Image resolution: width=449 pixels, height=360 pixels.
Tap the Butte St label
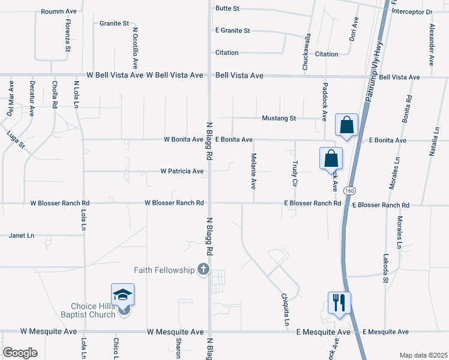(x=228, y=8)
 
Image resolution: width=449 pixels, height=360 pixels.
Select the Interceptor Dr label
(x=412, y=11)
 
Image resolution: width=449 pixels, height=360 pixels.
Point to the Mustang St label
(x=279, y=118)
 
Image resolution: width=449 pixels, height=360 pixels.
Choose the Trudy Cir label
(x=295, y=172)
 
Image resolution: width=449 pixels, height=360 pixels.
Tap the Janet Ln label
(x=21, y=236)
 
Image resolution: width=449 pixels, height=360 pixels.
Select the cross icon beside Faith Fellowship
(x=203, y=270)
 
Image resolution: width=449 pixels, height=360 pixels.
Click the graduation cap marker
(x=122, y=296)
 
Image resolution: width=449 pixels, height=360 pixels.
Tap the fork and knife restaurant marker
(x=339, y=304)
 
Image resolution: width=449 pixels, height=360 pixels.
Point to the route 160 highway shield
(x=349, y=190)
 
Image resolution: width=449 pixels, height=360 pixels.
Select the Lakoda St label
(x=386, y=269)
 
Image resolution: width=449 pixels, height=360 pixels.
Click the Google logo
(x=20, y=353)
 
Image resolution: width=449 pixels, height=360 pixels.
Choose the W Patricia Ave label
(x=182, y=171)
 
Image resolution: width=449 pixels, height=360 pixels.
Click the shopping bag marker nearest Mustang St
(x=347, y=126)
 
